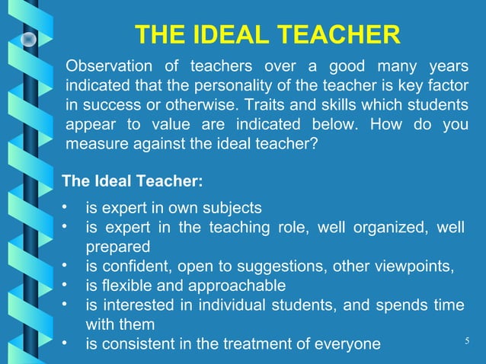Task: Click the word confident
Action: point(133,266)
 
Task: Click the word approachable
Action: point(238,286)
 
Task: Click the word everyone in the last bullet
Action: point(347,344)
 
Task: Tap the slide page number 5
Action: point(465,340)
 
